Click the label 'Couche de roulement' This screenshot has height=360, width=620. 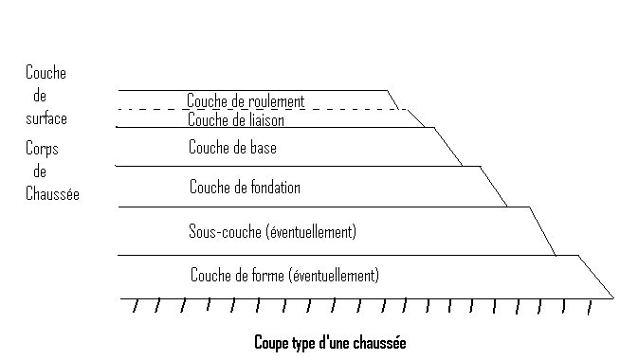(x=245, y=100)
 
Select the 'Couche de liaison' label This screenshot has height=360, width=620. (x=236, y=120)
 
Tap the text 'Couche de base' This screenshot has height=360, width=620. (x=232, y=148)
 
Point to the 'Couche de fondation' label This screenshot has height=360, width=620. (x=245, y=188)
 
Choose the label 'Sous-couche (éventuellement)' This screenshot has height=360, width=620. (x=272, y=231)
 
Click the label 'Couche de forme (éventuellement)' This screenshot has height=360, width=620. (x=284, y=276)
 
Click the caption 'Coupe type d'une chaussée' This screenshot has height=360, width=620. (x=329, y=342)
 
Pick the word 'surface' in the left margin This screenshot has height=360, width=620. (x=46, y=118)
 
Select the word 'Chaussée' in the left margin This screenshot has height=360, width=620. (x=52, y=194)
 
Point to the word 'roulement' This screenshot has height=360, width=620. (x=275, y=100)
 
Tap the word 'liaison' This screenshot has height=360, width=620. (x=263, y=120)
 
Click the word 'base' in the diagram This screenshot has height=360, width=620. (x=261, y=148)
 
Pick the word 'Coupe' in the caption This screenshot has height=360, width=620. (x=270, y=342)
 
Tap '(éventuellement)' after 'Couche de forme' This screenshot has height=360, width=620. (x=335, y=276)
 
